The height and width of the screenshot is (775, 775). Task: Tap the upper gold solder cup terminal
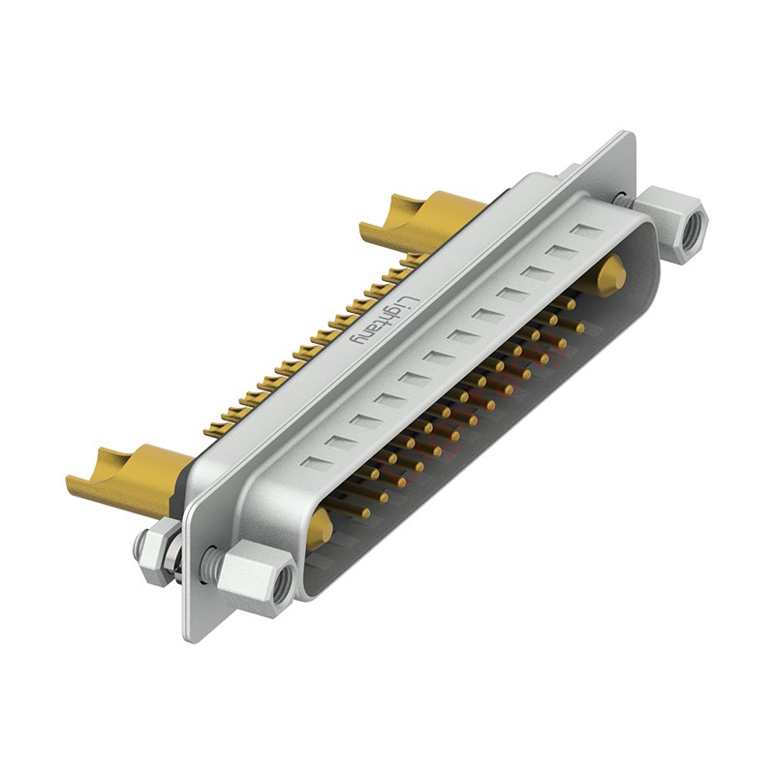417,221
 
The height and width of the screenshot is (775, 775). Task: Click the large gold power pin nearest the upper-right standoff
610,276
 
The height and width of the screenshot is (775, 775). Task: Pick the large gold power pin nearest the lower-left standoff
319,528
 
